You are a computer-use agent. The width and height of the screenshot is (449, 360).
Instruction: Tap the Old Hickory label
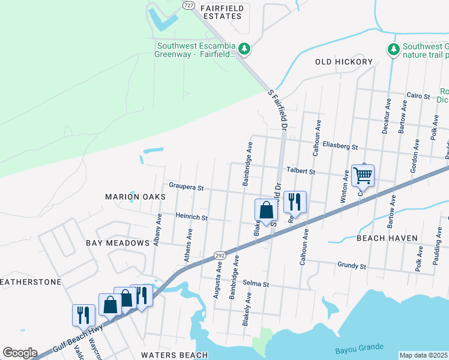pyautogui.click(x=344, y=62)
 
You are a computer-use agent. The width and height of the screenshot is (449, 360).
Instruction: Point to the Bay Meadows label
pyautogui.click(x=117, y=243)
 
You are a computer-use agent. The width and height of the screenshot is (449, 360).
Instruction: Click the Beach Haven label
pyautogui.click(x=387, y=238)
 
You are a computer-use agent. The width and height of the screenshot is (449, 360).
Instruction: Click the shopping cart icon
pyautogui.click(x=363, y=175)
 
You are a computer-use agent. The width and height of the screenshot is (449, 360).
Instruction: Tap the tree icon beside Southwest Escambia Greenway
pyautogui.click(x=244, y=48)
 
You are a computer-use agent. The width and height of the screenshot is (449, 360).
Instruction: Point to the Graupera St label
pyautogui.click(x=186, y=188)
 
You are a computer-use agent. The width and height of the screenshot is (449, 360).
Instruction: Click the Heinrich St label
pyautogui.click(x=191, y=217)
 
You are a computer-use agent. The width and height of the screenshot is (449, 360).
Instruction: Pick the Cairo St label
pyautogui.click(x=418, y=96)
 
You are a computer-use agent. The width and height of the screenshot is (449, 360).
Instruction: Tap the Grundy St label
pyautogui.click(x=352, y=265)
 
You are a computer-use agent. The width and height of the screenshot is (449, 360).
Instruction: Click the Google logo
pyautogui.click(x=20, y=353)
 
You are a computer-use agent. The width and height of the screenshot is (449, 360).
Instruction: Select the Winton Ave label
pyautogui.click(x=346, y=187)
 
